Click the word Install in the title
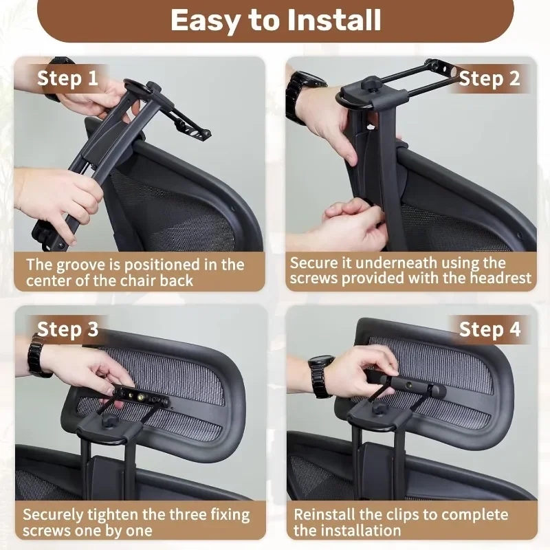point(334,20)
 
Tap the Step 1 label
point(67,78)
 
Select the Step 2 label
point(489,78)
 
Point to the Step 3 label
point(67,329)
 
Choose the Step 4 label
point(489,329)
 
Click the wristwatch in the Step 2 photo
point(302,96)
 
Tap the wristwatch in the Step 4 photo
point(320,376)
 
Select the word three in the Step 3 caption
point(188,514)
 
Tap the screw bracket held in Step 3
point(140,397)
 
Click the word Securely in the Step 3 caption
point(54,515)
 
